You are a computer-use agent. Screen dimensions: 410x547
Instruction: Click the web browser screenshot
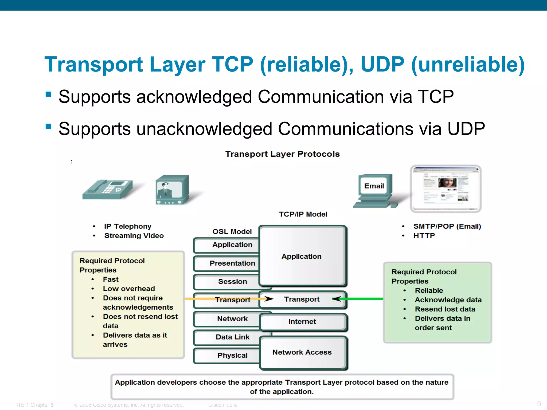[x=446, y=188]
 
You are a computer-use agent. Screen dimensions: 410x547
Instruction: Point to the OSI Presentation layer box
[x=226, y=263]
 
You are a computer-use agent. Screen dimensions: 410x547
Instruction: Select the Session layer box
[x=226, y=282]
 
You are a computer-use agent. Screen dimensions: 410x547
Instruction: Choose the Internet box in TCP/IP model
[x=302, y=322]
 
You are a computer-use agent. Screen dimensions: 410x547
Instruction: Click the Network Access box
[x=302, y=352]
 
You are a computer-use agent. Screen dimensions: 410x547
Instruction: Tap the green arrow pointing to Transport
[x=361, y=299]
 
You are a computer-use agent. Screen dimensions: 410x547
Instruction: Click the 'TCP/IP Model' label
[x=303, y=214]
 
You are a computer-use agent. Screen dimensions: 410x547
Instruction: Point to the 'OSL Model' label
[x=232, y=231]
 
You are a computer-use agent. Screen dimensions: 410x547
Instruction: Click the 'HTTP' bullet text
[x=424, y=236]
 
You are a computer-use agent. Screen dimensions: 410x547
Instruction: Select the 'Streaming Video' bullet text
[x=134, y=236]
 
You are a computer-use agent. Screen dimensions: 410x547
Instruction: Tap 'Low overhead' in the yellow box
[x=129, y=289]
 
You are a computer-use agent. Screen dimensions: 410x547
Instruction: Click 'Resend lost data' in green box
[x=445, y=309]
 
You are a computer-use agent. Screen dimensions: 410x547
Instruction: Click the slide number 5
[x=539, y=403]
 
